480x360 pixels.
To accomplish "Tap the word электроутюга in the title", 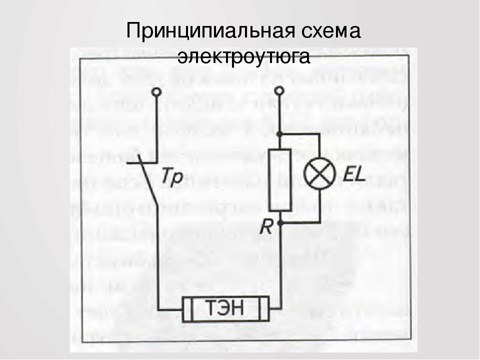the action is point(243,57).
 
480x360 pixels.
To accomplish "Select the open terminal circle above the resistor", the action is point(279,91).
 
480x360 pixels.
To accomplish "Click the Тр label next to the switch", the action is point(172,177).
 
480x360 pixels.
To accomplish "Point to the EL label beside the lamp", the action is point(354,175).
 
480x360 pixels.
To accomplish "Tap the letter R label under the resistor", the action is point(265,227).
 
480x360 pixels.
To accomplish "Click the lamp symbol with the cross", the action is point(319,173).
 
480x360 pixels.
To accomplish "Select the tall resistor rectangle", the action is point(280,180).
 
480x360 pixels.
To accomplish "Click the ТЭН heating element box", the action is point(226,309).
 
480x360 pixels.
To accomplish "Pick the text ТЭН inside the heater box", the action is point(225,308).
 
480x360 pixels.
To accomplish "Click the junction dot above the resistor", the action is point(279,134).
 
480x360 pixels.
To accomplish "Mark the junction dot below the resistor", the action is point(280,223).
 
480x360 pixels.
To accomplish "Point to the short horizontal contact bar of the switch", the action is point(142,163).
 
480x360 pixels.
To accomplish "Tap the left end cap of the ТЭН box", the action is point(187,309).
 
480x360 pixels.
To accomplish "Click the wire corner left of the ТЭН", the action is point(158,309).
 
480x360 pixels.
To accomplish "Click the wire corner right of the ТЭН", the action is point(280,308).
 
